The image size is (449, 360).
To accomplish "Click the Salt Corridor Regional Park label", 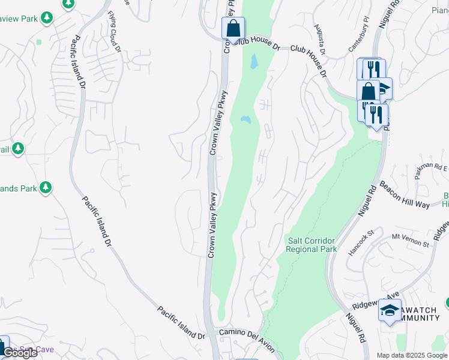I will tap(312, 245).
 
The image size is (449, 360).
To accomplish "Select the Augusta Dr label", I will tap(319, 40).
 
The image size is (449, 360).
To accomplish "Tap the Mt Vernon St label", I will tap(411, 240).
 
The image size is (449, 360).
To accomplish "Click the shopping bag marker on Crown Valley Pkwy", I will tap(233, 28).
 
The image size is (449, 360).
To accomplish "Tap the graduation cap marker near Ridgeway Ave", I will tap(390, 311).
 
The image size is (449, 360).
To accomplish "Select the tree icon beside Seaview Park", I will tap(47, 18).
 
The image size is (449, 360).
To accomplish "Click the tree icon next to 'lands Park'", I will tap(46, 188).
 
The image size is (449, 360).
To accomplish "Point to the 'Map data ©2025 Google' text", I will tap(412, 355).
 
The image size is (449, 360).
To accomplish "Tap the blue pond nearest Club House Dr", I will tap(254, 61).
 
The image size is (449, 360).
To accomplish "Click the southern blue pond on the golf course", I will tap(246, 120).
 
